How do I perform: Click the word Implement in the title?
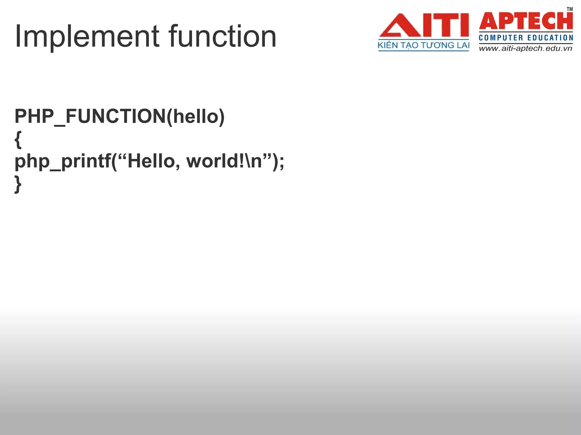(x=87, y=37)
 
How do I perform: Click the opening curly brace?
(x=18, y=140)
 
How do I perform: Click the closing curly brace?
(x=18, y=184)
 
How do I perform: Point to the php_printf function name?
(x=63, y=162)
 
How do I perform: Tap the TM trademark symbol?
(x=570, y=9)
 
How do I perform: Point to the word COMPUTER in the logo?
(x=501, y=38)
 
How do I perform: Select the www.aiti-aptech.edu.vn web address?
(x=526, y=48)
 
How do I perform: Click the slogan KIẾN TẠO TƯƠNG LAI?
(x=423, y=45)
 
